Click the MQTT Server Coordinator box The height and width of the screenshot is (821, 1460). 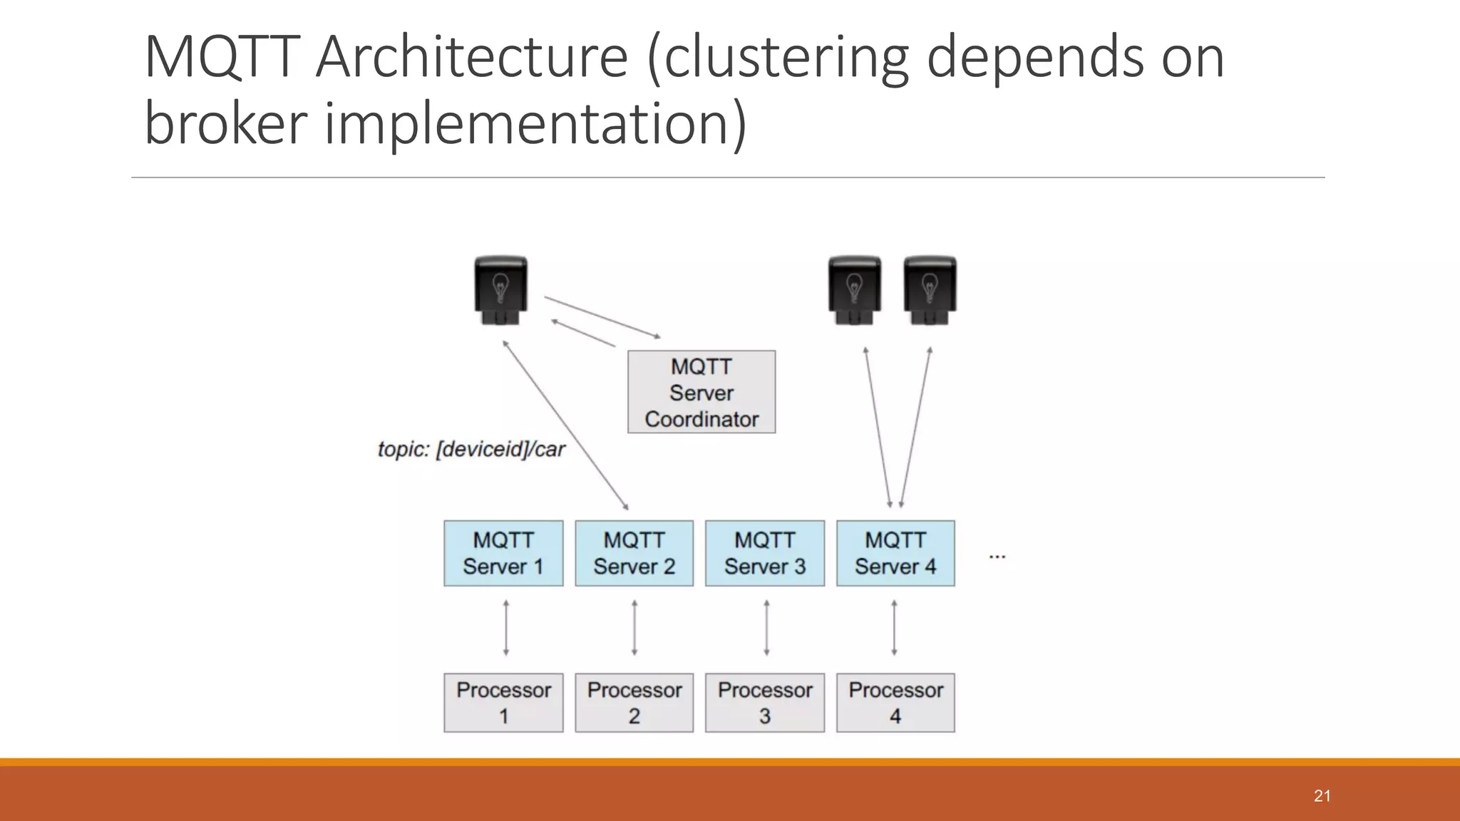coord(701,392)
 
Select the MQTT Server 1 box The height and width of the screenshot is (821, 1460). coord(503,553)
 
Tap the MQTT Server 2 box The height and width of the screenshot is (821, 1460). coord(634,553)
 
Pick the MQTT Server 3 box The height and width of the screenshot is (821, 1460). coord(765,553)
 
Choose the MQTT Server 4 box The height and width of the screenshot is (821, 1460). coord(895,553)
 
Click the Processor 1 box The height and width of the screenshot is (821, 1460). coord(503,703)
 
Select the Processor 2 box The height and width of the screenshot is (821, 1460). coord(634,703)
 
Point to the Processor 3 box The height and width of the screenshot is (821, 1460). coord(765,703)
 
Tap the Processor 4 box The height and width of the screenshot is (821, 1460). coord(895,703)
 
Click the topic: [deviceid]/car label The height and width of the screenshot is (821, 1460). coord(471,450)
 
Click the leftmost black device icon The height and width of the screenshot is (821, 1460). coord(501,291)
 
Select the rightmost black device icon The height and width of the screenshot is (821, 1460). coord(930,291)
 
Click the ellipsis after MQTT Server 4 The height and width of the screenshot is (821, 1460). coord(997,556)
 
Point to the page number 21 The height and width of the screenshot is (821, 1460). coord(1322,796)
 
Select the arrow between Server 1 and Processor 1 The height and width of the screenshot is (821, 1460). coord(506,628)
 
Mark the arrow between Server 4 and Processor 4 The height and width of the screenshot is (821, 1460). coord(894,628)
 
